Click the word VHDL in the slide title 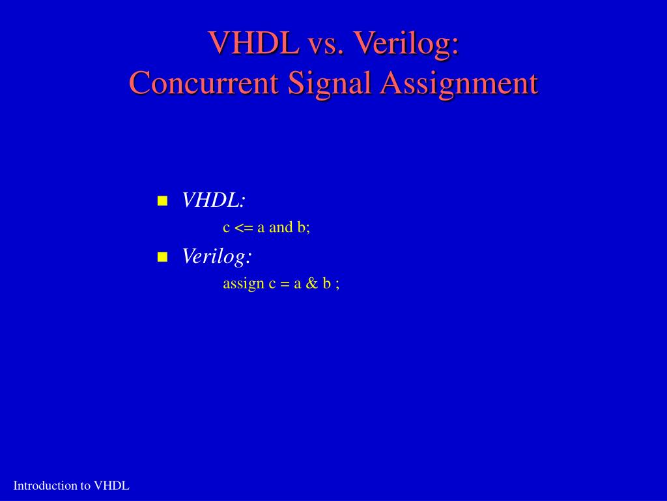click(253, 43)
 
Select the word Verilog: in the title click(406, 43)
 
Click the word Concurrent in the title click(205, 83)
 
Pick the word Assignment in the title click(460, 83)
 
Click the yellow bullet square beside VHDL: click(163, 200)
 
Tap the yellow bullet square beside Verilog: click(163, 257)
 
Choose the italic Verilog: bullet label click(217, 256)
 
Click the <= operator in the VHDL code click(244, 228)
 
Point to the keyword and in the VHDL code click(281, 228)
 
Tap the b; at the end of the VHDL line click(304, 228)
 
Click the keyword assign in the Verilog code click(243, 284)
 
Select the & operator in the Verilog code click(311, 284)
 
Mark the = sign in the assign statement click(285, 284)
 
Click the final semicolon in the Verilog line click(337, 285)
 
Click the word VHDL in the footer click(111, 485)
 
